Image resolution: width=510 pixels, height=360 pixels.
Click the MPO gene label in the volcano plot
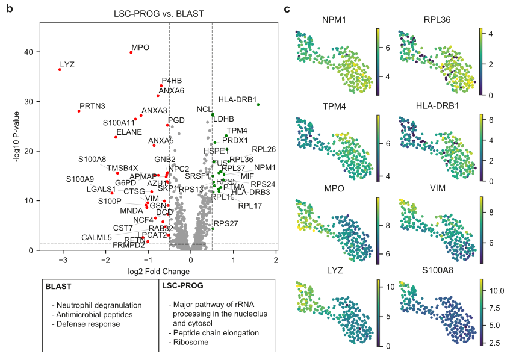coord(140,47)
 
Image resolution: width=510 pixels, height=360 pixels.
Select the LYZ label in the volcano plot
coord(67,64)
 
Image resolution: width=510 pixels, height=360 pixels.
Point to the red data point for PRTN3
coord(79,111)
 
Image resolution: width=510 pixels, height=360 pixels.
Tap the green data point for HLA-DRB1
coord(258,105)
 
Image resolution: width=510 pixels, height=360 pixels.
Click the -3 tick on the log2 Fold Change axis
coord(63,260)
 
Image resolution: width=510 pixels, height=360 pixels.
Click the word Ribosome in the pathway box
coord(190,342)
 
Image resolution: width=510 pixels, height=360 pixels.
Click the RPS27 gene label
coord(226,223)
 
